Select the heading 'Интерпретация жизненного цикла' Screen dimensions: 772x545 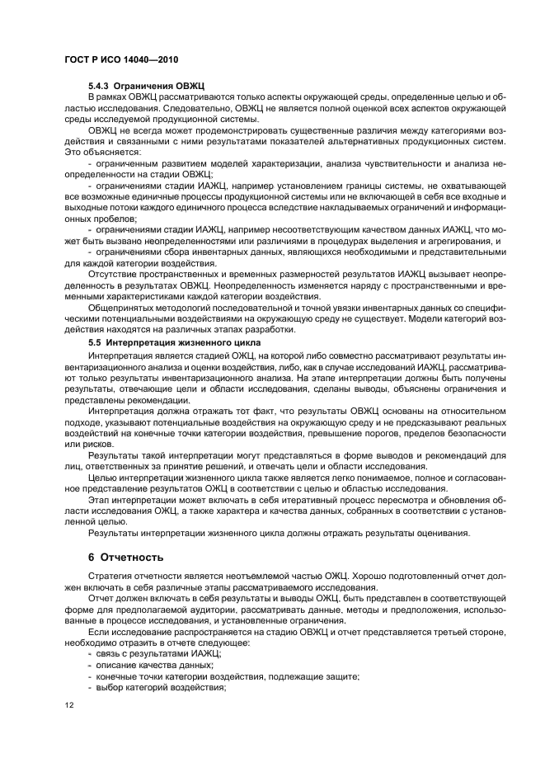(177, 341)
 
